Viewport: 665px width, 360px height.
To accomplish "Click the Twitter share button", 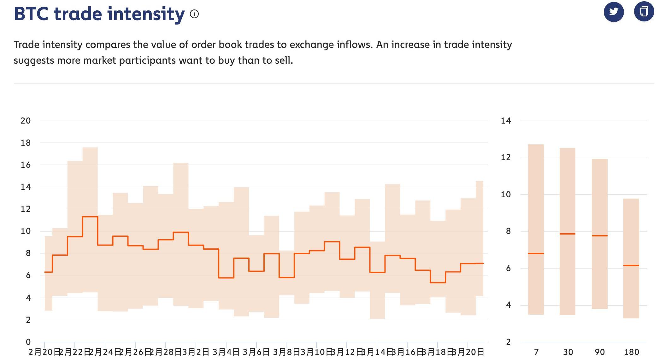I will point(614,12).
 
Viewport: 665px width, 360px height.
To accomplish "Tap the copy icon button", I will point(644,12).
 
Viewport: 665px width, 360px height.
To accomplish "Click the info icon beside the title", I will point(194,14).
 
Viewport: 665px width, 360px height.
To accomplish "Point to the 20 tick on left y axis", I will point(26,120).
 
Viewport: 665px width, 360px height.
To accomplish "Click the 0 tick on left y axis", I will point(28,342).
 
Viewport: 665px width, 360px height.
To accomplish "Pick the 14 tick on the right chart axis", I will point(506,120).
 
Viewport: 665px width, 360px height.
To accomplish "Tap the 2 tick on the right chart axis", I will point(508,342).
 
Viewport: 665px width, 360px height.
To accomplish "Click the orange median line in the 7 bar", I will point(536,253).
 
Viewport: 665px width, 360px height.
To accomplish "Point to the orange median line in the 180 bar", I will point(631,265).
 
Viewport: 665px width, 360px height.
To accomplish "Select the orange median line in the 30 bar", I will point(567,234).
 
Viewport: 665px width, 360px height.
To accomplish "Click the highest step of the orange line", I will point(90,217).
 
